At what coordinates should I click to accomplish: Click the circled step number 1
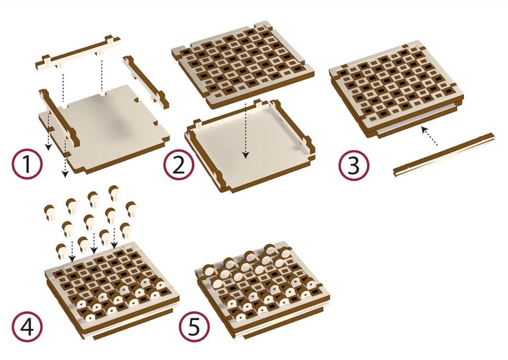point(27,164)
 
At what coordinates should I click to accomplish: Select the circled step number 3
point(354,166)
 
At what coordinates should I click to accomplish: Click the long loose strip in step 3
point(444,155)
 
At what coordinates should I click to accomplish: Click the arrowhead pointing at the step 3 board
point(424,129)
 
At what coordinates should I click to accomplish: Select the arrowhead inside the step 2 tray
point(246,155)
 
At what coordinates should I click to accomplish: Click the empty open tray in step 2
point(249,146)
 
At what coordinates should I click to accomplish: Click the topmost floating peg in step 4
point(114,193)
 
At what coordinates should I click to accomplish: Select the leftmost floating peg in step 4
point(49,212)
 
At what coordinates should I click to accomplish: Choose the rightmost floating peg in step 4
point(131,209)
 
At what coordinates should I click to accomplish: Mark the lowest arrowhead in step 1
point(65,174)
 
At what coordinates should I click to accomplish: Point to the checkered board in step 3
point(396,92)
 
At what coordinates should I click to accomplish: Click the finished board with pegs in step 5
point(262,291)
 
